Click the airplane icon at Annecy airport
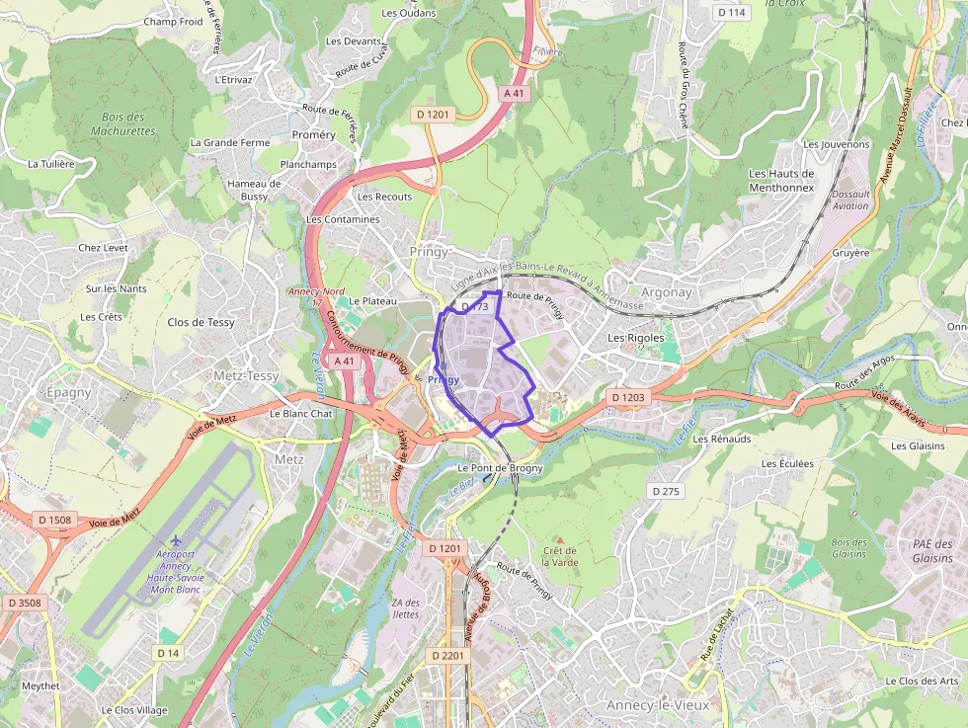click(176, 541)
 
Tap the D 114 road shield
click(731, 12)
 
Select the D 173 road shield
click(474, 307)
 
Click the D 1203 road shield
click(627, 397)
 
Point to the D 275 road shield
click(667, 491)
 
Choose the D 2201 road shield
click(446, 655)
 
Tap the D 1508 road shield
click(55, 519)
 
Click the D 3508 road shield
click(24, 602)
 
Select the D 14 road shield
click(168, 653)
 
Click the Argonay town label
click(667, 292)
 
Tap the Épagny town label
click(68, 392)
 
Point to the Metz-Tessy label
click(246, 375)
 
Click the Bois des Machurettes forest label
click(123, 123)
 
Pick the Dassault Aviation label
click(850, 200)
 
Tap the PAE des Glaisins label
click(932, 551)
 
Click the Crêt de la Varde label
click(560, 556)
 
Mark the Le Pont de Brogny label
click(501, 468)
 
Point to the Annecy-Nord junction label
click(316, 291)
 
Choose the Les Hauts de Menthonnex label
click(780, 180)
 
